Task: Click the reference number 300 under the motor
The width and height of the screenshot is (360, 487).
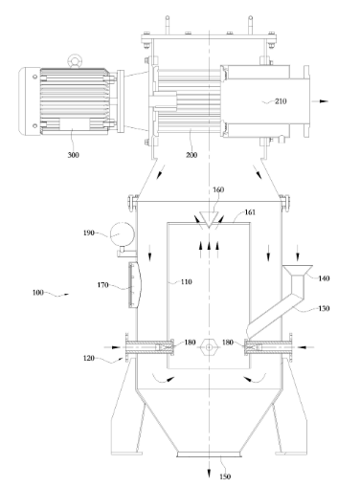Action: tap(73, 155)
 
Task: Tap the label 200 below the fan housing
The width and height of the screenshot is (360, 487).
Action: tap(191, 155)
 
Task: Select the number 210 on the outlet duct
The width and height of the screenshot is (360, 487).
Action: tap(281, 101)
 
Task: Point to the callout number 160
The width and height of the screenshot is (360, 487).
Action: tap(218, 189)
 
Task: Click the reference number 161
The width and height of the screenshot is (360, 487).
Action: tap(250, 212)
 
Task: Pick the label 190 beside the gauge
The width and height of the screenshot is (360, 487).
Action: tap(89, 232)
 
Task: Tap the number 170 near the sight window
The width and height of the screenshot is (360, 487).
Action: tap(102, 285)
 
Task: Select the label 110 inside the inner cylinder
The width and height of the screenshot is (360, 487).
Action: tap(187, 281)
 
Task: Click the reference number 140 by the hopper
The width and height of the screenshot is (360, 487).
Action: tap(324, 278)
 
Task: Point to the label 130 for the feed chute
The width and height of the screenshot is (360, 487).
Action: tap(324, 308)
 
